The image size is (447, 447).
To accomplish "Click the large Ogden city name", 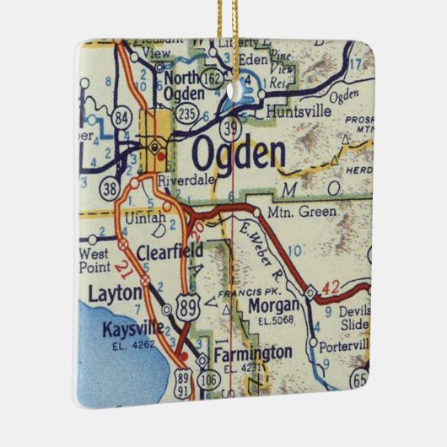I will click(239, 154).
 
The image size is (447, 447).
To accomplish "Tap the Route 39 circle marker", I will click(233, 127).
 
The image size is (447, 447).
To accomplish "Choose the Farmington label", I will click(252, 352).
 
